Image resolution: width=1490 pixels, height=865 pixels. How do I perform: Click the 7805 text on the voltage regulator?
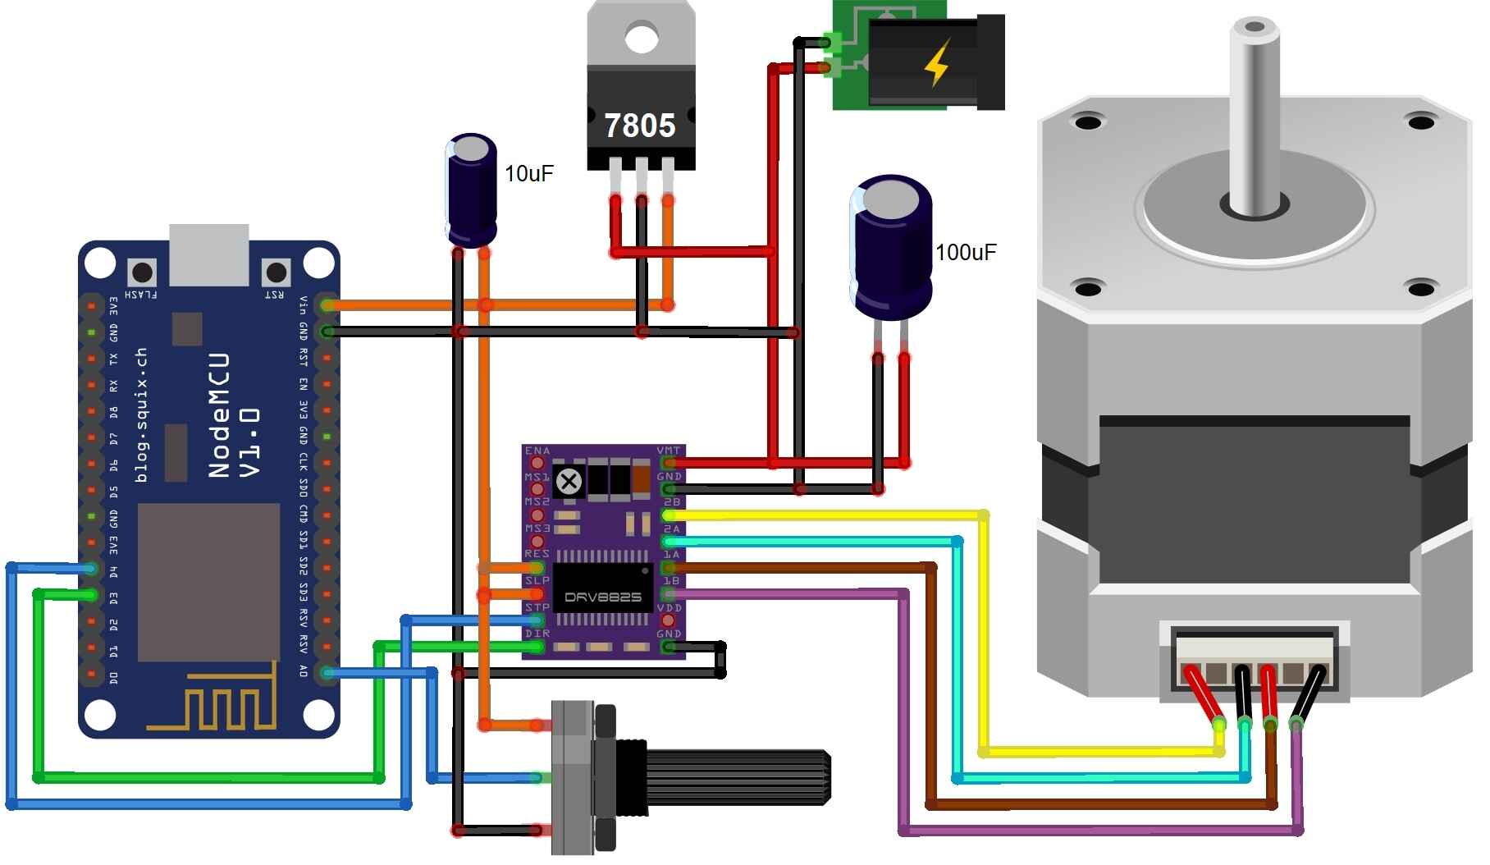640,126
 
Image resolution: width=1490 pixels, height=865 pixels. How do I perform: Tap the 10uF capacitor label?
528,174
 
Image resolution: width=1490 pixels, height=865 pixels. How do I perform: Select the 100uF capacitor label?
966,253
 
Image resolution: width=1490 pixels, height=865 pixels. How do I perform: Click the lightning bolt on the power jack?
937,63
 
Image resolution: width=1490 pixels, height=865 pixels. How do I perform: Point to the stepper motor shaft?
1253,115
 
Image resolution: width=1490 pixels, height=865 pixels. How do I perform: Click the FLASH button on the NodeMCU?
142,272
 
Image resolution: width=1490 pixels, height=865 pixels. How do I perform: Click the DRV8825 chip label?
603,597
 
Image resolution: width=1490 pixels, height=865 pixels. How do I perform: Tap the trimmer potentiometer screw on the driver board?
569,482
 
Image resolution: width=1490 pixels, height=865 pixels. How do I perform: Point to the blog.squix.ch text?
140,415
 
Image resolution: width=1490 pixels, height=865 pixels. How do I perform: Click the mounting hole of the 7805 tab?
641,37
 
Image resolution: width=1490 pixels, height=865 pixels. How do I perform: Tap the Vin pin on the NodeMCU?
327,305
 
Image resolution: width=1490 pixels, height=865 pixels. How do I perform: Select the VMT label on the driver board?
669,451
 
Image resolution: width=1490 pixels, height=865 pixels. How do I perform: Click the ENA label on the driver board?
537,451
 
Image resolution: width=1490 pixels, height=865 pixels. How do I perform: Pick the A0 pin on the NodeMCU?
327,673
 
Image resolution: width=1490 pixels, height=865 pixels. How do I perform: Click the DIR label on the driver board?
537,634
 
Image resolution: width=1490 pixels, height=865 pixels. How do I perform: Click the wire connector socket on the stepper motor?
1254,661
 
